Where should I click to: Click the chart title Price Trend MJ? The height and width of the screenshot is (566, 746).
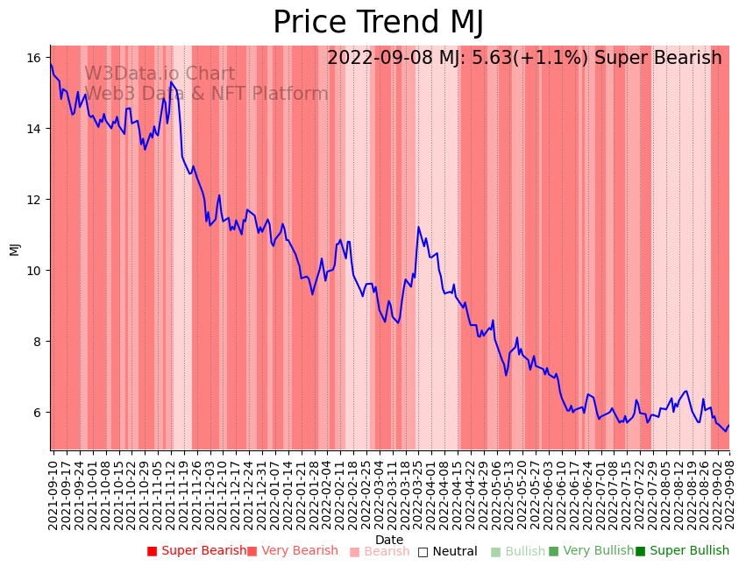coord(378,23)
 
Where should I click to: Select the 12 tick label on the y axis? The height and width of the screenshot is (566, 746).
coord(34,200)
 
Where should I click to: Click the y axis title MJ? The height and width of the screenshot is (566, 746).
coord(14,248)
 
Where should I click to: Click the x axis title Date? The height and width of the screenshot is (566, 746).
coord(389,540)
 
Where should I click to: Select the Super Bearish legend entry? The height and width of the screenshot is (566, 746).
coord(196,551)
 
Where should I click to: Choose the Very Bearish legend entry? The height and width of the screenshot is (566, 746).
coord(292,551)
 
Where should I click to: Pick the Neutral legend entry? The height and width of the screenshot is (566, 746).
coord(447,551)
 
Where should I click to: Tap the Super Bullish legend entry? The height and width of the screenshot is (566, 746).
coord(682,551)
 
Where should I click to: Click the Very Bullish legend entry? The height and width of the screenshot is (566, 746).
coord(591,551)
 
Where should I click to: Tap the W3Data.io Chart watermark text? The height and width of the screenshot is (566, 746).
coord(160,74)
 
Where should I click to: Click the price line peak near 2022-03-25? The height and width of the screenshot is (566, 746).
coord(418,227)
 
